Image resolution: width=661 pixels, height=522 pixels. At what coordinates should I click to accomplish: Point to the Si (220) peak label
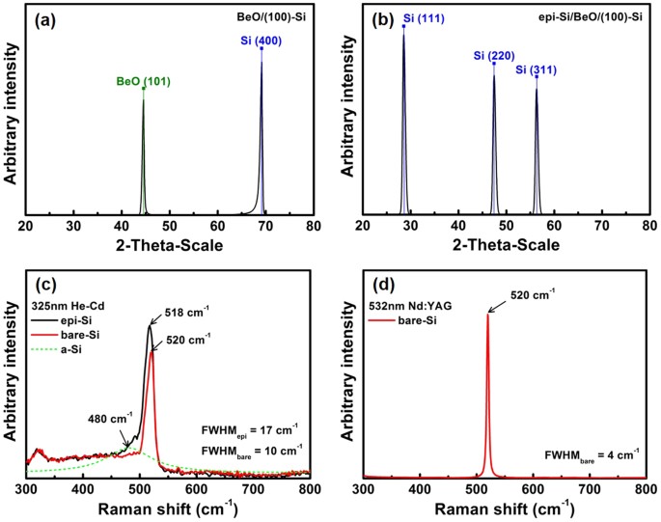493,56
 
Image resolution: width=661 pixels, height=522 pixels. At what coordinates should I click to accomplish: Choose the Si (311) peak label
536,69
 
